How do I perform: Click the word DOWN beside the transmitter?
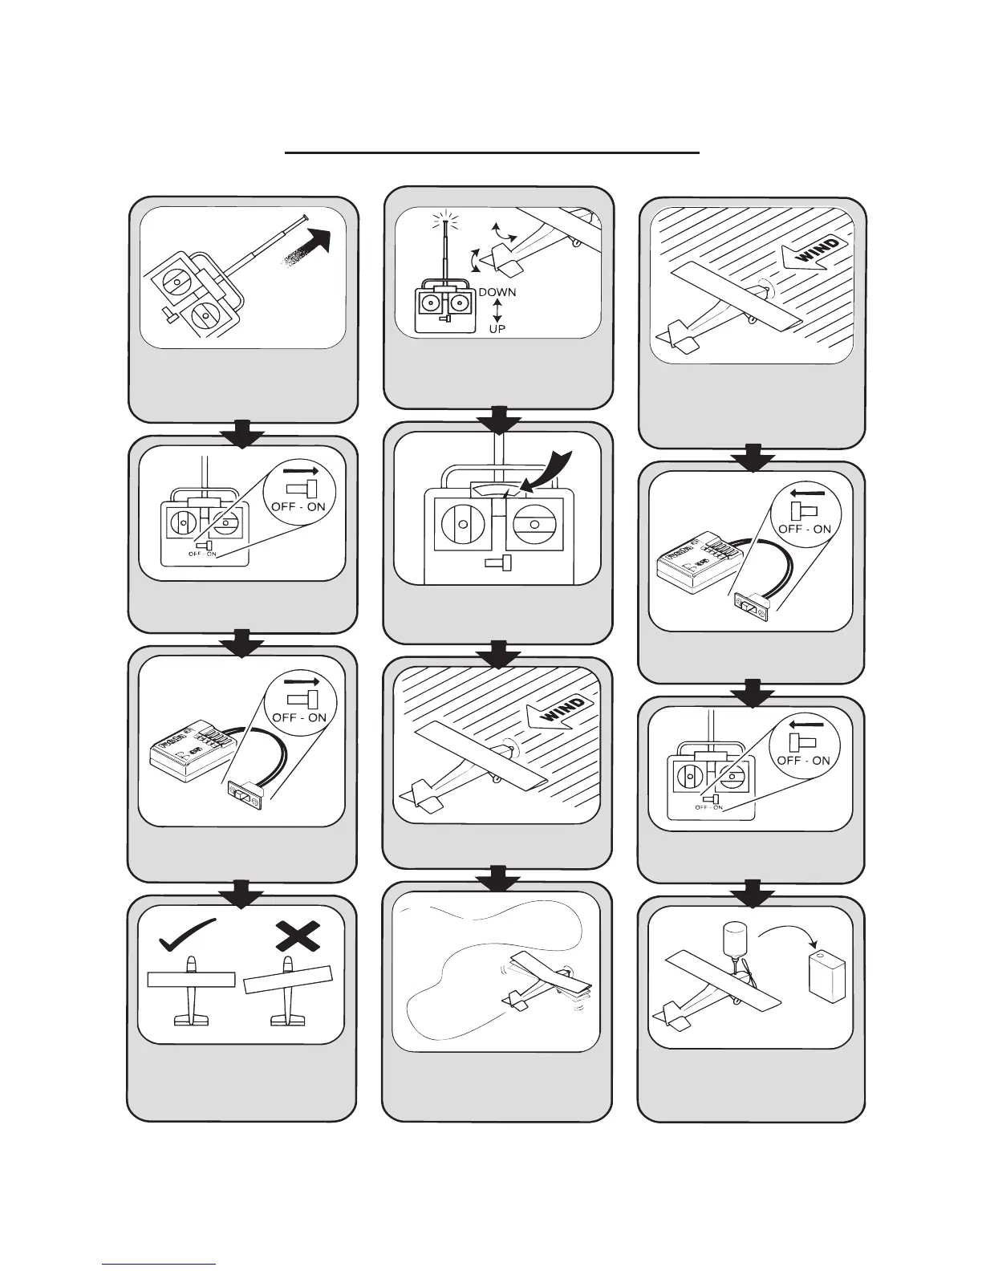[497, 293]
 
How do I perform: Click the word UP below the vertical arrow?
[497, 329]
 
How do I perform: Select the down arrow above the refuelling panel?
[752, 891]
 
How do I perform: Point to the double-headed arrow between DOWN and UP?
[497, 311]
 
